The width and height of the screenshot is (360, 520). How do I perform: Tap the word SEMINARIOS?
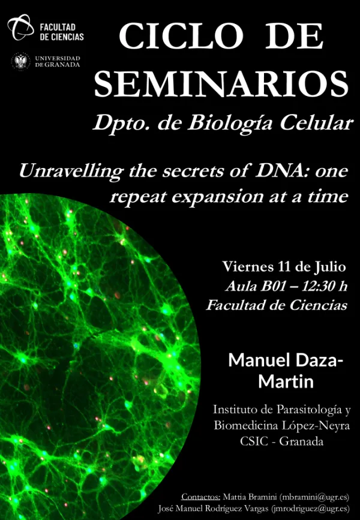[221, 84]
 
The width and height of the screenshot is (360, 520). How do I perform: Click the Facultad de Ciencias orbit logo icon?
[20, 28]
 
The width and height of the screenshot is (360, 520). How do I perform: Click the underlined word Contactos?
[200, 497]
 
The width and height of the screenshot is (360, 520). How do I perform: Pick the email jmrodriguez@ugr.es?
[310, 509]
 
